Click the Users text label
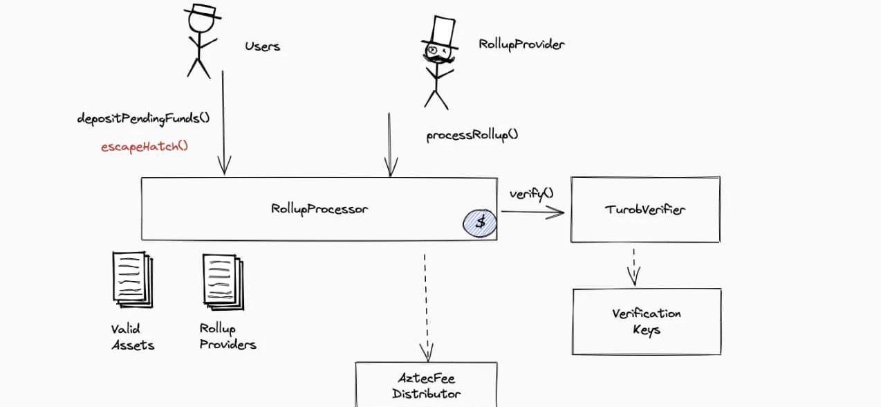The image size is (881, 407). tap(262, 46)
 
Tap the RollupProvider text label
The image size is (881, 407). tap(521, 44)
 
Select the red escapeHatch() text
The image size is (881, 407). tap(145, 146)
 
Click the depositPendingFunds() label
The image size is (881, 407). tap(143, 118)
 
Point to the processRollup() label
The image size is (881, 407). tap(472, 135)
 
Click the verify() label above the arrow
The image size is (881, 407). tap(531, 194)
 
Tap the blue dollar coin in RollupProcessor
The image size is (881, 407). tap(479, 223)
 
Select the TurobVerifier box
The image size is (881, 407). tap(645, 209)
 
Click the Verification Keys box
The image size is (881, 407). tap(647, 321)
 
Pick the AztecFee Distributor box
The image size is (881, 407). tap(426, 386)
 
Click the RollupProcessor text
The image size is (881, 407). tap(319, 208)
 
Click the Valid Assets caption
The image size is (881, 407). tap(132, 336)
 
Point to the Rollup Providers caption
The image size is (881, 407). tap(228, 336)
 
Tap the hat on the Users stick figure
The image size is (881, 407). tap(202, 10)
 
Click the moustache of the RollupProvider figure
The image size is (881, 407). tap(438, 60)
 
